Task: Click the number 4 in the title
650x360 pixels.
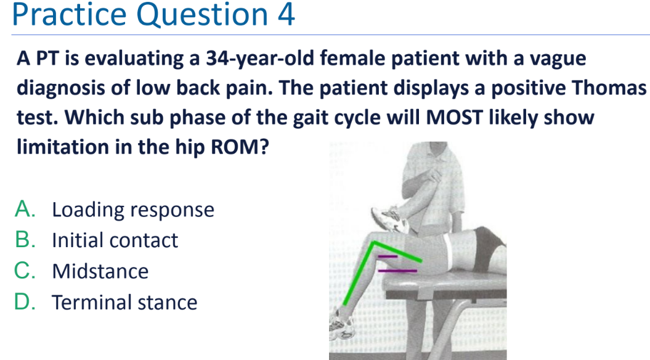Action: point(286,15)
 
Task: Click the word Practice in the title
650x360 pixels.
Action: point(69,15)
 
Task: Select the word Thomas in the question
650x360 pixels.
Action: point(610,88)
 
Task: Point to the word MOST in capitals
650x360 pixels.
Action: point(454,117)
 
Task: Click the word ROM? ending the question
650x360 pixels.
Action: point(240,147)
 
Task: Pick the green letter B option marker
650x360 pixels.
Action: point(25,240)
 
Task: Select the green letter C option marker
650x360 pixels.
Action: point(25,271)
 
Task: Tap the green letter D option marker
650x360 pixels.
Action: point(25,301)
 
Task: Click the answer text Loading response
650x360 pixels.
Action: point(133,210)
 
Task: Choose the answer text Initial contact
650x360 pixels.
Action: point(115,240)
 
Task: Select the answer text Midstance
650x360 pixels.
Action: point(100,271)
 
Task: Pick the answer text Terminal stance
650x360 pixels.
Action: point(124,302)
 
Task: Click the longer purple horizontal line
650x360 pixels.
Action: point(397,271)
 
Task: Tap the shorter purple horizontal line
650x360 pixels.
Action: point(388,256)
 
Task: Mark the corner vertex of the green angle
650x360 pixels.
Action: point(374,242)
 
